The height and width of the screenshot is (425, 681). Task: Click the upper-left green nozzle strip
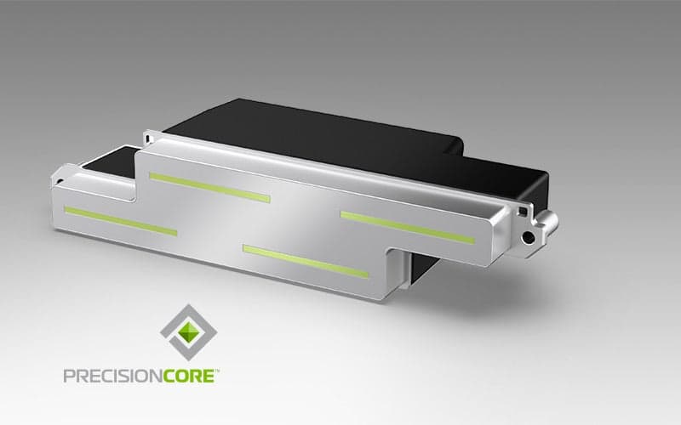(209, 187)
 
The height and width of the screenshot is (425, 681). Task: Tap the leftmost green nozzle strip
(121, 221)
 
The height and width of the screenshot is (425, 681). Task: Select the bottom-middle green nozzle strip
(306, 261)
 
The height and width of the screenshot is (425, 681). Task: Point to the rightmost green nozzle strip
(408, 228)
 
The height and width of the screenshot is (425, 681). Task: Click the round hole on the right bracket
(529, 237)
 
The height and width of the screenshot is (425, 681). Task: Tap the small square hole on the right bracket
(523, 212)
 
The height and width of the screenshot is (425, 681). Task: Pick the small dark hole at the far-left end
(60, 182)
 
